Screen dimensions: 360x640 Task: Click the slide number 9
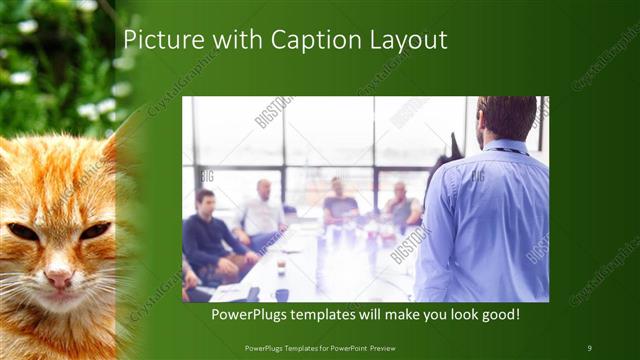[x=590, y=347]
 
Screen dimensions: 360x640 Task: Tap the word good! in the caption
[x=497, y=315]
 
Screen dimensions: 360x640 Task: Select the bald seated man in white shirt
[x=263, y=210]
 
